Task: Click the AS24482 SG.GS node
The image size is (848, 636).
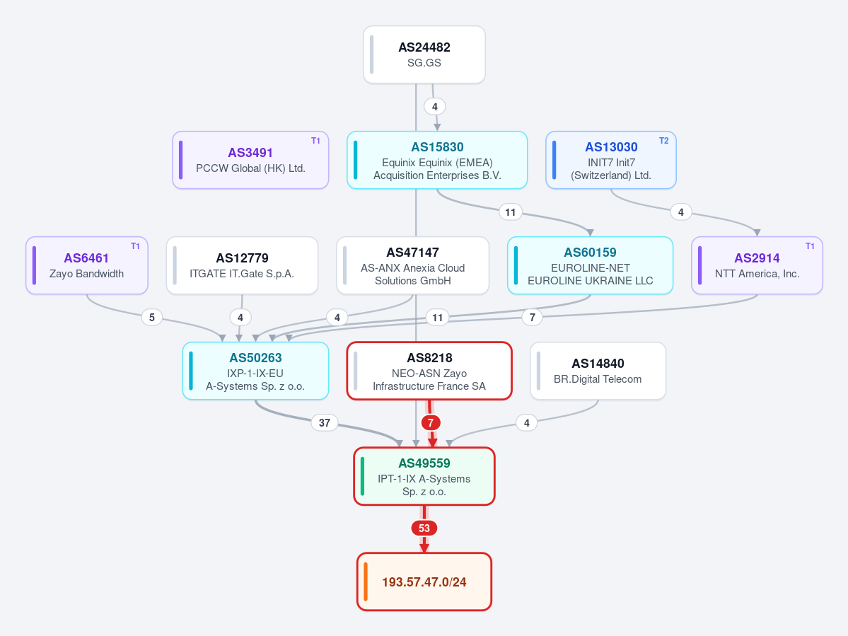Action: pyautogui.click(x=424, y=54)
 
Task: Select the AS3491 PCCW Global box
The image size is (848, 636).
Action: pyautogui.click(x=250, y=160)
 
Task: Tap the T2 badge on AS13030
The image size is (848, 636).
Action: pyautogui.click(x=663, y=141)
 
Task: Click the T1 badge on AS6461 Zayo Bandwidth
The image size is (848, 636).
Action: pyautogui.click(x=135, y=246)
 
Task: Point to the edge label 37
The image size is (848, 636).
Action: pyautogui.click(x=325, y=423)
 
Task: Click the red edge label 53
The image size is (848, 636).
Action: pyautogui.click(x=424, y=528)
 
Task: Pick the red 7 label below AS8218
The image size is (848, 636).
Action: pyautogui.click(x=431, y=423)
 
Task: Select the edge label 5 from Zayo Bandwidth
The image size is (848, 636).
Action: pyautogui.click(x=152, y=318)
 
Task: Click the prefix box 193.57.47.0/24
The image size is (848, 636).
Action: pyautogui.click(x=424, y=582)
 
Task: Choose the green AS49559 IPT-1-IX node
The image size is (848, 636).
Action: pyautogui.click(x=424, y=476)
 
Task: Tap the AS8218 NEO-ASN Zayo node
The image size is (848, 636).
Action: pyautogui.click(x=429, y=371)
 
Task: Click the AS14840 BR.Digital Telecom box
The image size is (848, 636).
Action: pyautogui.click(x=598, y=371)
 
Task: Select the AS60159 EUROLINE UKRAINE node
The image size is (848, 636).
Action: pyautogui.click(x=590, y=265)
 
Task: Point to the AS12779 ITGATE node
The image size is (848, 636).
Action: pyautogui.click(x=242, y=265)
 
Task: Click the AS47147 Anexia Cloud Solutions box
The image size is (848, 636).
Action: pyautogui.click(x=412, y=265)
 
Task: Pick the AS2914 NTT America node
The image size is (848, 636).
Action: pyautogui.click(x=757, y=265)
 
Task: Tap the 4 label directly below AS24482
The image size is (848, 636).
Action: pyautogui.click(x=435, y=107)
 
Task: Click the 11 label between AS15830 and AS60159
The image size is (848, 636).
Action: pyautogui.click(x=511, y=212)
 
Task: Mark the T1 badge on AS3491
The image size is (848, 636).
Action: pyautogui.click(x=316, y=141)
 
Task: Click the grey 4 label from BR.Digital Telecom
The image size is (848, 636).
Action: pyautogui.click(x=527, y=423)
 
